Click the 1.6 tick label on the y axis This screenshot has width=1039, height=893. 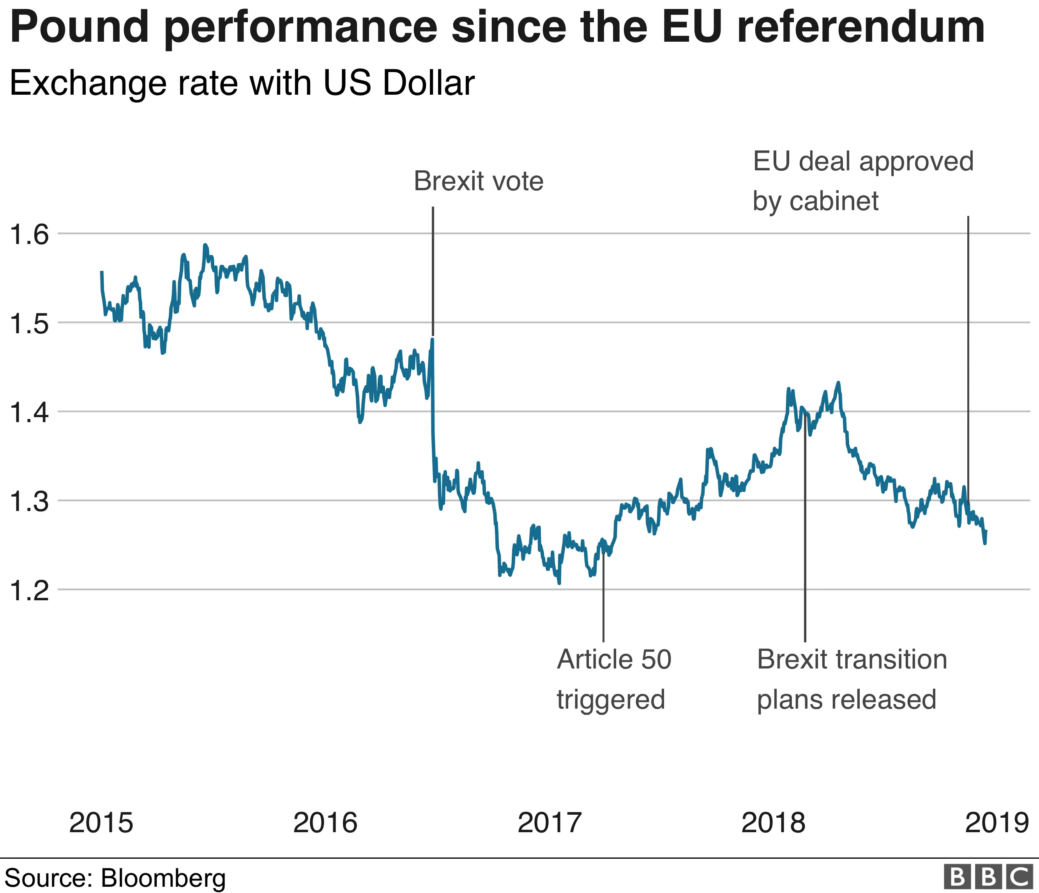30,235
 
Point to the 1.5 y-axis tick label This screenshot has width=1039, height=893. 30,324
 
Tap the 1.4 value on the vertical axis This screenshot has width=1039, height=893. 30,413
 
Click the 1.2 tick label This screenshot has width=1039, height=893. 30,591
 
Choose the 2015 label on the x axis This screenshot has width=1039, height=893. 101,822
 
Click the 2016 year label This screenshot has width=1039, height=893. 325,822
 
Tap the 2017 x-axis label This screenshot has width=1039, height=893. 549,822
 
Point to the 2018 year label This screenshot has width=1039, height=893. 773,822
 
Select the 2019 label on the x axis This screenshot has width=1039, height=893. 997,822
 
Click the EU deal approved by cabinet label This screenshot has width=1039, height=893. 862,181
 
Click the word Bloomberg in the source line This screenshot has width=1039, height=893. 163,878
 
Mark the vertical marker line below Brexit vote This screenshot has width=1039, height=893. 433,271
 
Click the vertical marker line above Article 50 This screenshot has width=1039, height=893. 603,597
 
